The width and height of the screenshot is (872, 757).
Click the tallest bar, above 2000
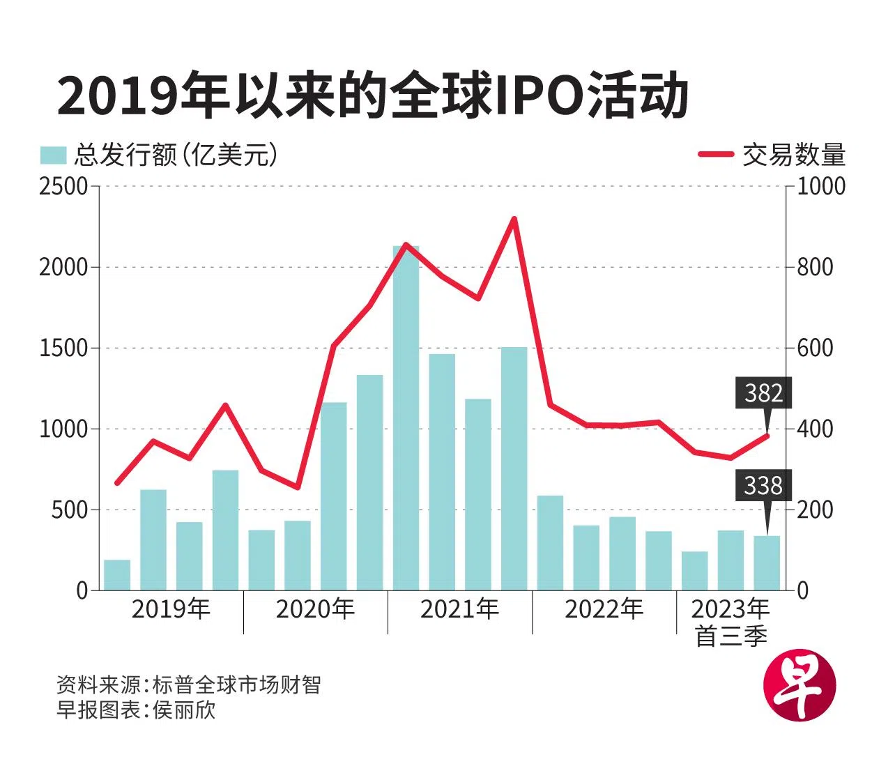pos(406,418)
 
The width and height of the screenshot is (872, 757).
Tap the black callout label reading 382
pos(763,393)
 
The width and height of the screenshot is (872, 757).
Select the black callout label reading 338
pos(763,485)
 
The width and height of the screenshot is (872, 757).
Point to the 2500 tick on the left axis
pos(63,186)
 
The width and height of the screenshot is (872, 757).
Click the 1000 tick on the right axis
pos(820,186)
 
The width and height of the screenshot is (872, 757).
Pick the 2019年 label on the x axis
pos(171,609)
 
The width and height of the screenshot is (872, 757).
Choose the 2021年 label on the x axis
pos(459,609)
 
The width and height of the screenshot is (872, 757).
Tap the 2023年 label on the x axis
pos(730,609)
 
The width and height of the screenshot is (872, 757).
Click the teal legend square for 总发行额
pos(53,155)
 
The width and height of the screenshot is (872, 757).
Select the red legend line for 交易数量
pos(716,155)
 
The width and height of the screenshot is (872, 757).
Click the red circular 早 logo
pos(800,689)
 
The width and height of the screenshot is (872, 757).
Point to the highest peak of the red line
pos(514,219)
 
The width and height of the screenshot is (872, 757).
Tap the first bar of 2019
pos(117,575)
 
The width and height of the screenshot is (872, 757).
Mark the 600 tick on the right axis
pos(815,348)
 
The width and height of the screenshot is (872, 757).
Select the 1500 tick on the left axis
pos(63,348)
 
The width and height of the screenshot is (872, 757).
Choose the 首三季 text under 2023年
pos(731,636)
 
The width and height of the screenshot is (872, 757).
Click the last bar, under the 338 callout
pos(767,563)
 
